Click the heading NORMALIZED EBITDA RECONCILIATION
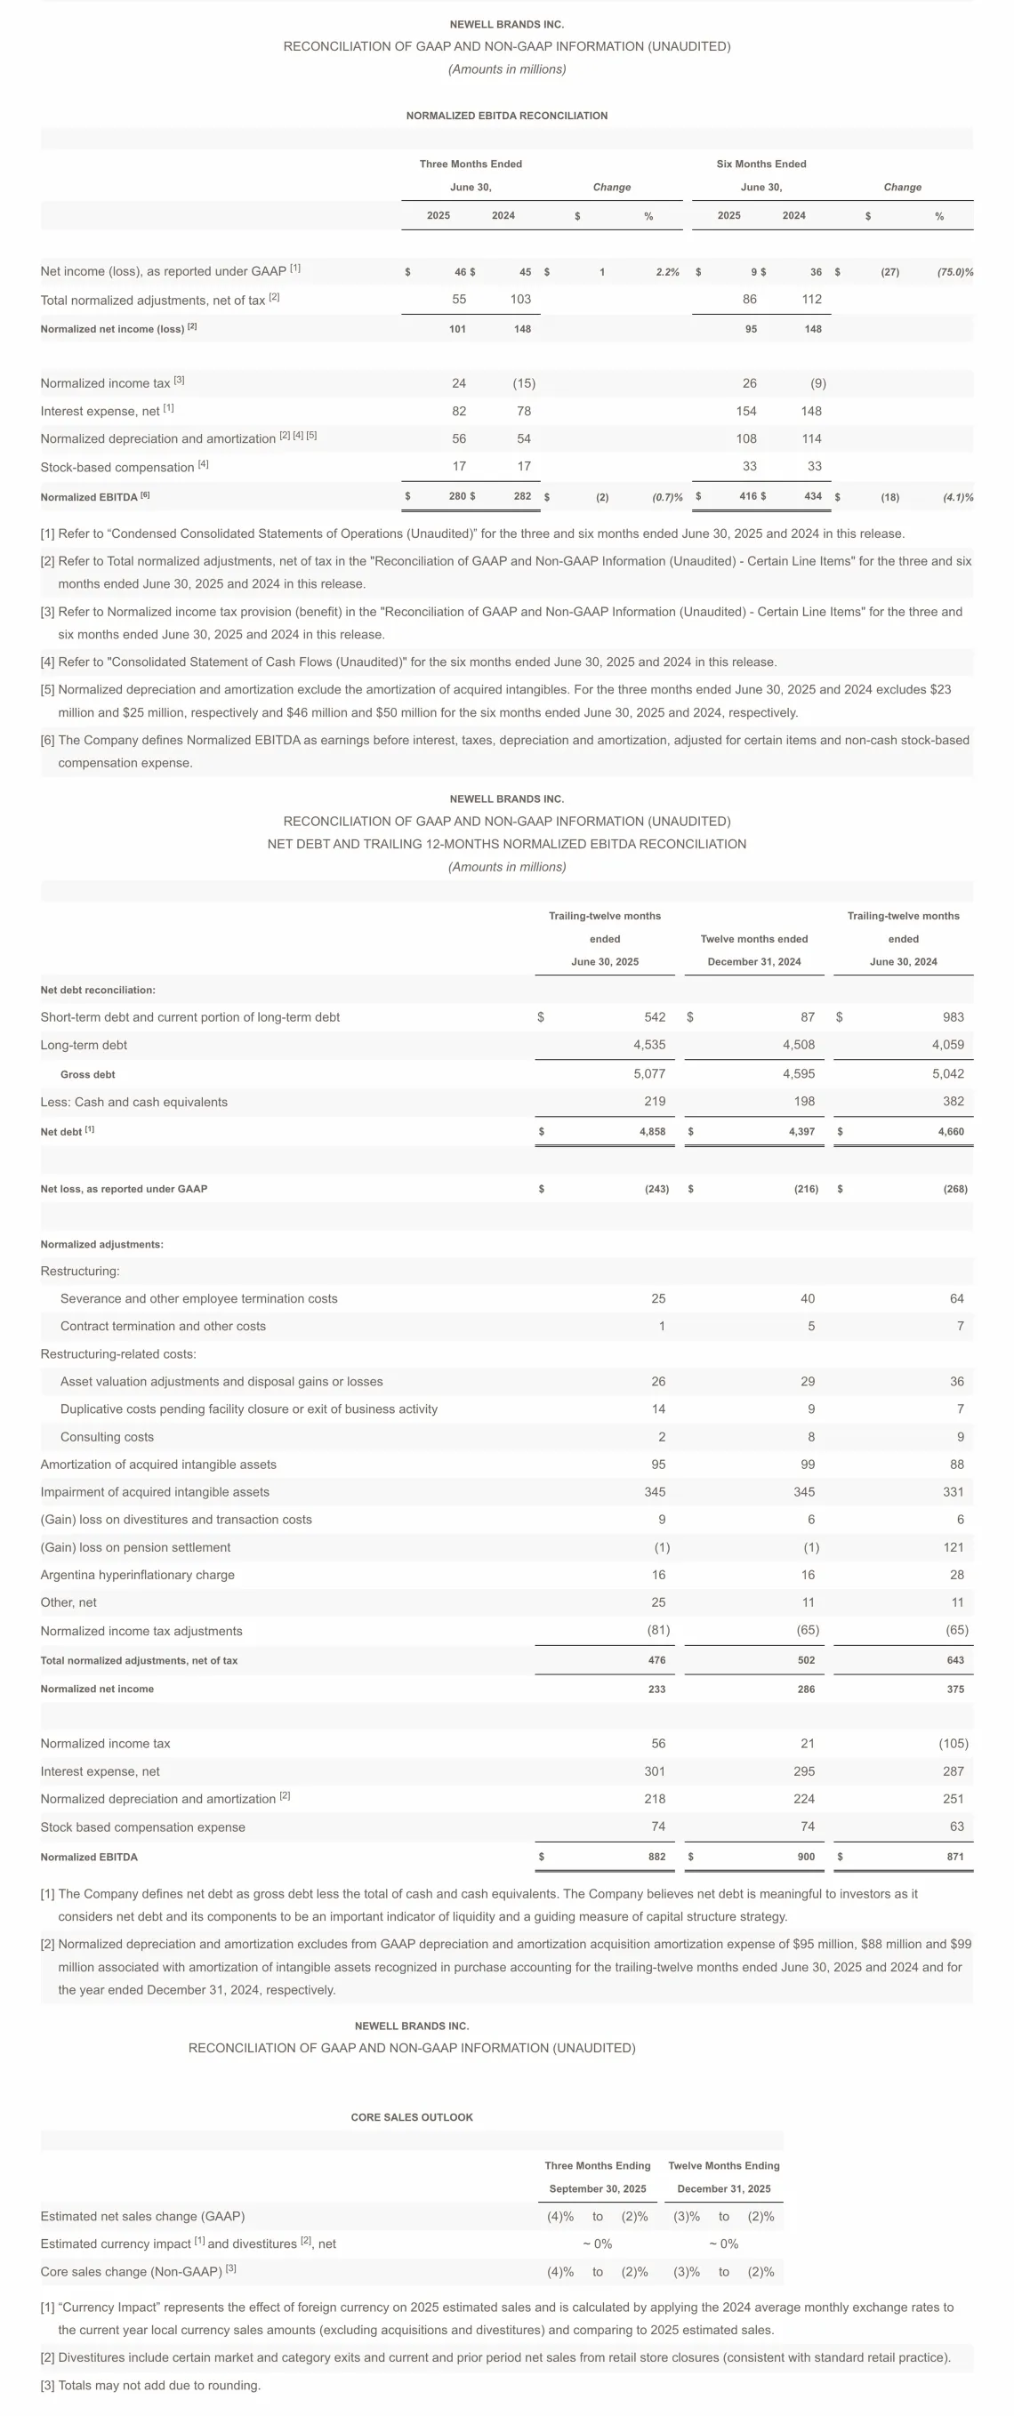(506, 116)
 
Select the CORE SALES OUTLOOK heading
(412, 2117)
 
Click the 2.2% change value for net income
(667, 272)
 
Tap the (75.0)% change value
(954, 272)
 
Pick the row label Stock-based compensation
(117, 467)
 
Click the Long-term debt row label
(84, 1045)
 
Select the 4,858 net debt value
(652, 1131)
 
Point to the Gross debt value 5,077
(649, 1074)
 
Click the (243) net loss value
(656, 1188)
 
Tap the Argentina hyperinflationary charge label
(137, 1575)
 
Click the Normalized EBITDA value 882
(656, 1857)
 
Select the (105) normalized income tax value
(953, 1744)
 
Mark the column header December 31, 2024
(754, 961)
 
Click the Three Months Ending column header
(598, 2165)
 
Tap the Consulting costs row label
(107, 1437)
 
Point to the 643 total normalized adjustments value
(955, 1660)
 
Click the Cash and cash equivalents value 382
(953, 1102)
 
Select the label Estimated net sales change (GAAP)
(142, 2216)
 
